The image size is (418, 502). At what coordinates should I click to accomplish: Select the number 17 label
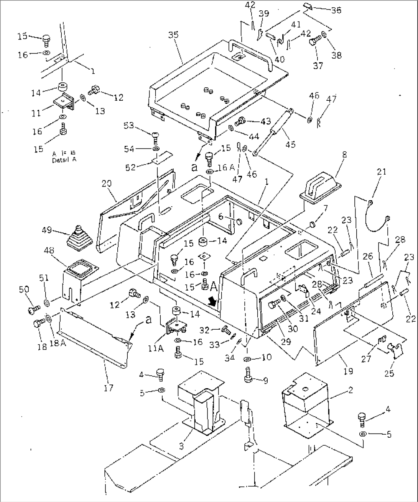(x=109, y=388)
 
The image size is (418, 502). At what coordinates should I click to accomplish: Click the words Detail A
(x=64, y=160)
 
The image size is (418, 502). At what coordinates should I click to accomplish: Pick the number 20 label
(x=107, y=184)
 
